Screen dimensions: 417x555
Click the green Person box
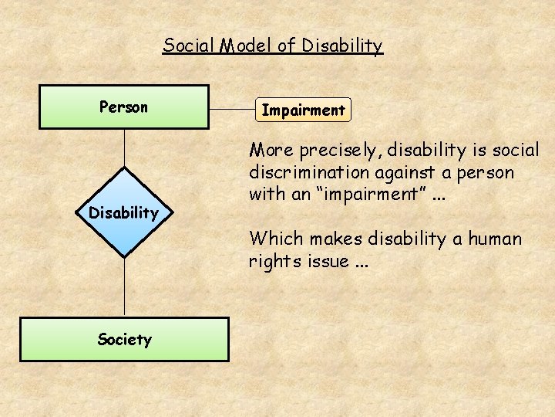[x=124, y=107]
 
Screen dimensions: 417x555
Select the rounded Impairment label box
[x=303, y=110]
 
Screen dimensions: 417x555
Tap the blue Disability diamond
[x=124, y=212]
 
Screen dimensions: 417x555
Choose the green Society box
[x=124, y=339]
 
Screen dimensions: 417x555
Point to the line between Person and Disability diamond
[x=124, y=147]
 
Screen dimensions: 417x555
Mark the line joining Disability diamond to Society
[x=124, y=286]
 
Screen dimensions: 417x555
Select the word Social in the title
[x=189, y=46]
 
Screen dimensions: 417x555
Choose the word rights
[x=274, y=261]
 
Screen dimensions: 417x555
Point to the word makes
[x=335, y=239]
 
